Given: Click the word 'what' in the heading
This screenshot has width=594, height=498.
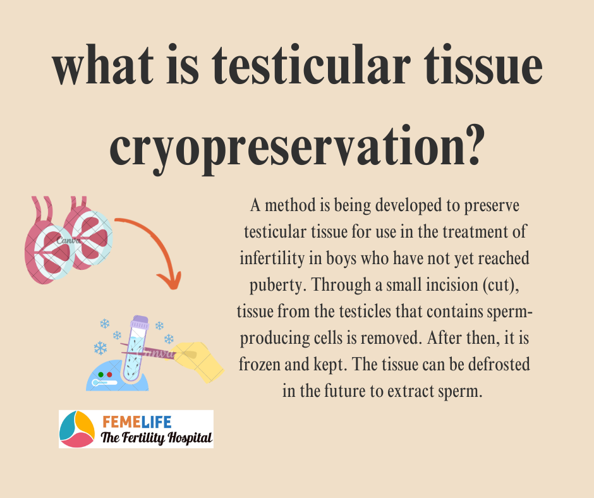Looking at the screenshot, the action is (104, 65).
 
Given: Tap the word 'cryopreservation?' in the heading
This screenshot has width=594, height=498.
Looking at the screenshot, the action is (297, 148).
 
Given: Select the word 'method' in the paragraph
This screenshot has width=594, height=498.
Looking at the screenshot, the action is (290, 205).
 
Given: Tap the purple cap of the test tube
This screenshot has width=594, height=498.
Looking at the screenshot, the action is (140, 322).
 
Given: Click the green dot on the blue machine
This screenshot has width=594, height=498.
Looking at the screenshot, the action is (100, 374).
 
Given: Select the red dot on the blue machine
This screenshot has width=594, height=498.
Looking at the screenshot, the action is (109, 374).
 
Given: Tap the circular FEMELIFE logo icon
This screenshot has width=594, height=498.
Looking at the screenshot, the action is (77, 429).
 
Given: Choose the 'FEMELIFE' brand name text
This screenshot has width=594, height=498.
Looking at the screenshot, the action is (136, 422).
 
